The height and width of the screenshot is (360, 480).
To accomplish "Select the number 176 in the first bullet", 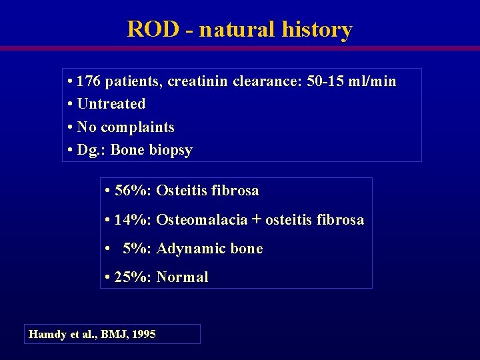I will [x=89, y=82].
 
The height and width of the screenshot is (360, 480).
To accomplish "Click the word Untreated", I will [x=111, y=104].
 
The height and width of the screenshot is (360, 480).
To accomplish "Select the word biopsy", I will [x=171, y=151].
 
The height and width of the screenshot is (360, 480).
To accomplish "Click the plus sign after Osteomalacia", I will [x=257, y=220].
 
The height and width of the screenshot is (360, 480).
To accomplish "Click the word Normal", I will [x=182, y=277].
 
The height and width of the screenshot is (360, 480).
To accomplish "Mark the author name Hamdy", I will [x=46, y=335].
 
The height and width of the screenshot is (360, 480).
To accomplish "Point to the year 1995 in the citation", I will [x=144, y=335].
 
